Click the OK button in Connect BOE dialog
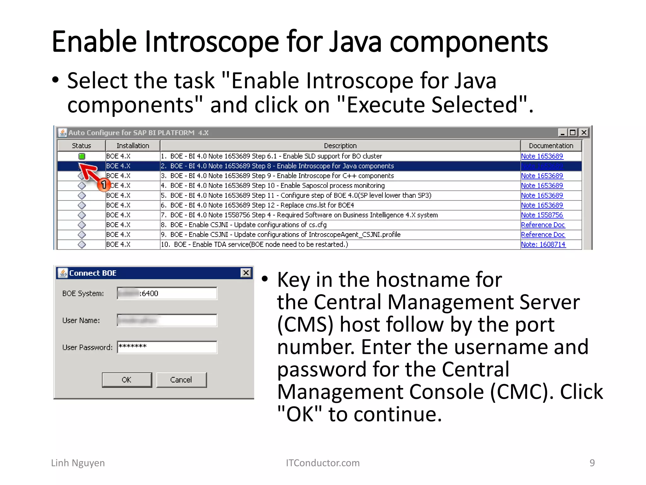point(127,380)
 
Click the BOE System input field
point(167,293)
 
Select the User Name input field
point(167,320)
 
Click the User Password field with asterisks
point(167,347)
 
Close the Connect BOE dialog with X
point(246,273)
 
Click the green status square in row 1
point(82,156)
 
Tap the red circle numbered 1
point(103,185)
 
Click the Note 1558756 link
point(542,215)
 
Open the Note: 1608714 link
point(543,244)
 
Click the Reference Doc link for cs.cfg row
point(543,225)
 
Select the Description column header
point(340,146)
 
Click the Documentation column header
point(551,146)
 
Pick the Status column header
point(81,146)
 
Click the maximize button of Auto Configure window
point(573,133)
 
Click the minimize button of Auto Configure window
point(562,133)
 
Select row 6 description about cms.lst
point(262,205)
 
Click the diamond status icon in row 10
point(82,244)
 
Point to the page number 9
point(592,463)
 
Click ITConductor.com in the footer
point(323,463)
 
